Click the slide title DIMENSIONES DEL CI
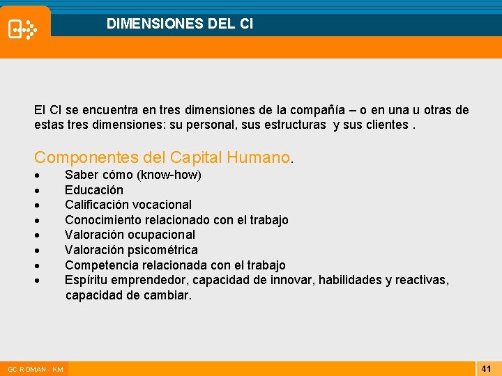pyautogui.click(x=180, y=24)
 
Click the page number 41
pyautogui.click(x=487, y=368)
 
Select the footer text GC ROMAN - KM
pyautogui.click(x=35, y=369)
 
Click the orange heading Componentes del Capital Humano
pyautogui.click(x=162, y=157)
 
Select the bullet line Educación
pyautogui.click(x=93, y=189)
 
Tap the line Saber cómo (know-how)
pyautogui.click(x=132, y=175)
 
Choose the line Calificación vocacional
pyautogui.click(x=128, y=205)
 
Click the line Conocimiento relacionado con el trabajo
pyautogui.click(x=176, y=220)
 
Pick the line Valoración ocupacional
pyautogui.click(x=130, y=235)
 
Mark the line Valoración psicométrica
pyautogui.click(x=131, y=250)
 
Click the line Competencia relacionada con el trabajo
pyautogui.click(x=175, y=265)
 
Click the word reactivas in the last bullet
pyautogui.click(x=421, y=280)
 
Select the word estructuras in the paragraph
pyautogui.click(x=293, y=125)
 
